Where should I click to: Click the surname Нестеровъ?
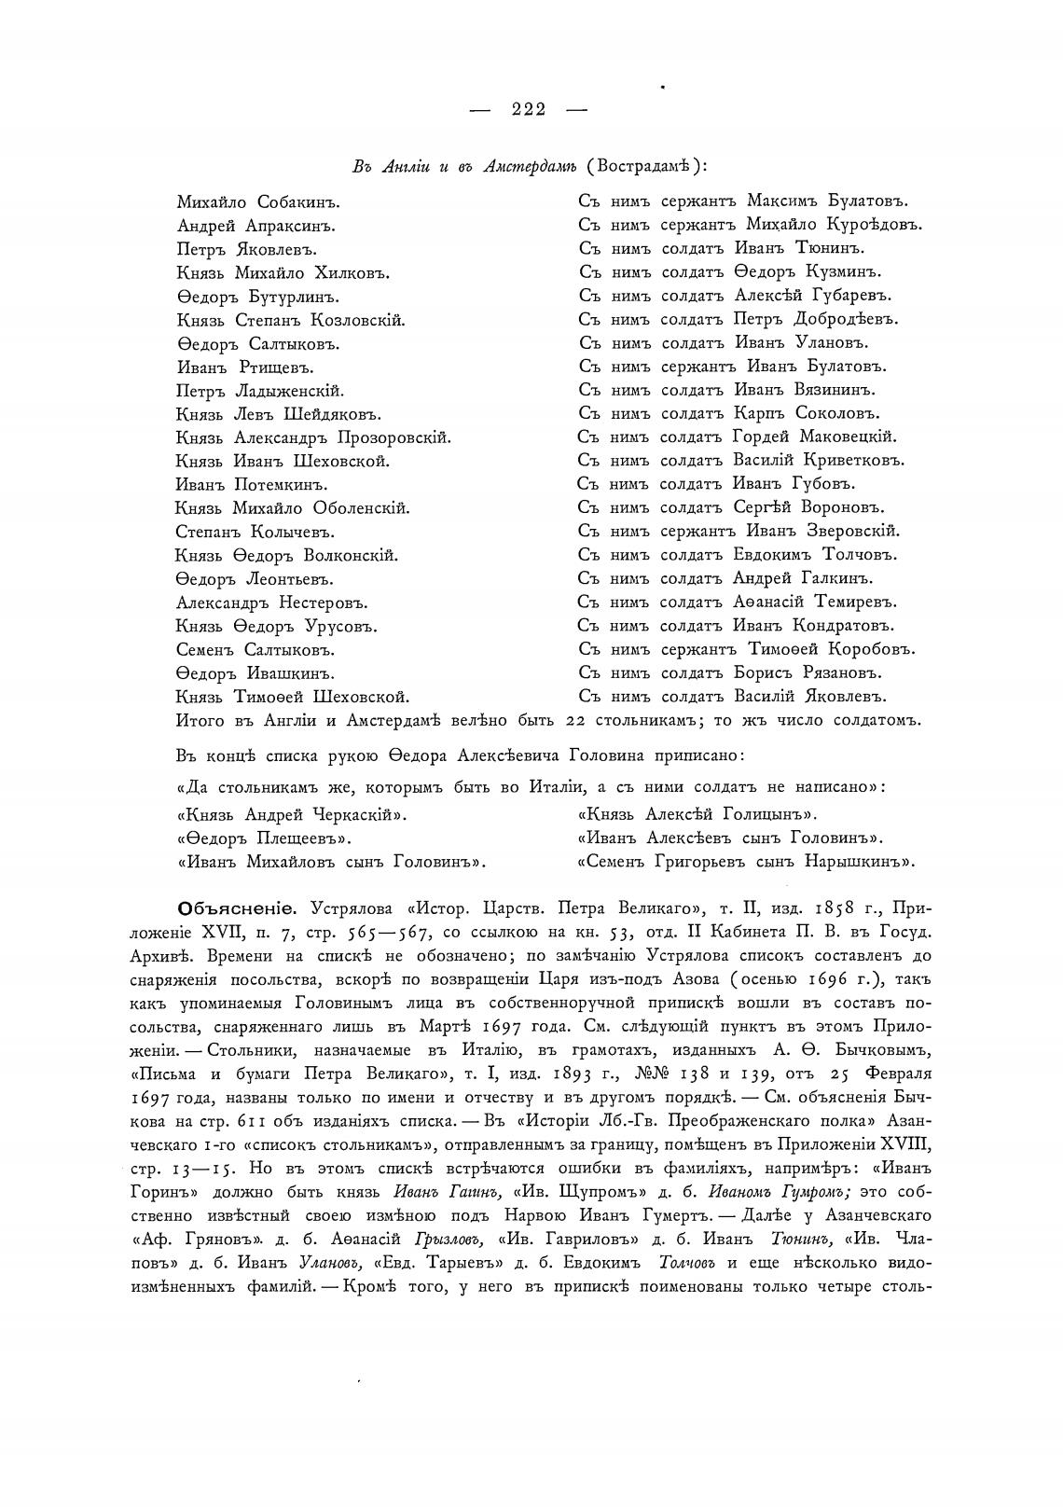319,603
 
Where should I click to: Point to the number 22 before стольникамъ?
576,720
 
